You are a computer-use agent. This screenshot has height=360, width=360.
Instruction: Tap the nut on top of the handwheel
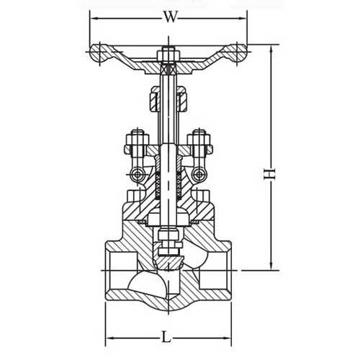tap(168, 53)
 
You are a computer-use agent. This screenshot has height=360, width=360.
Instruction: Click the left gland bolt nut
tap(135, 138)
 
